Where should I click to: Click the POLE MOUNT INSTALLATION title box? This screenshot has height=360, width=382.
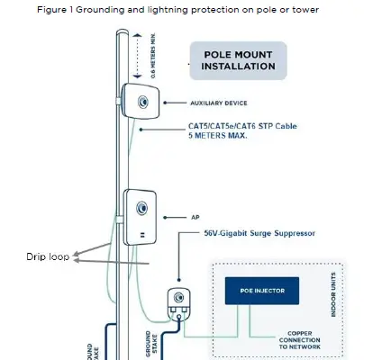238,59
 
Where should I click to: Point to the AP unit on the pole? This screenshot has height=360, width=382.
141,217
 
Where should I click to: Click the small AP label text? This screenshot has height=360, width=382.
194,217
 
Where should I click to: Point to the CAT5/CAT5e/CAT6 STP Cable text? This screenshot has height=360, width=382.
241,125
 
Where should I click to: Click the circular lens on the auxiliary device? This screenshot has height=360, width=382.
142,102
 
